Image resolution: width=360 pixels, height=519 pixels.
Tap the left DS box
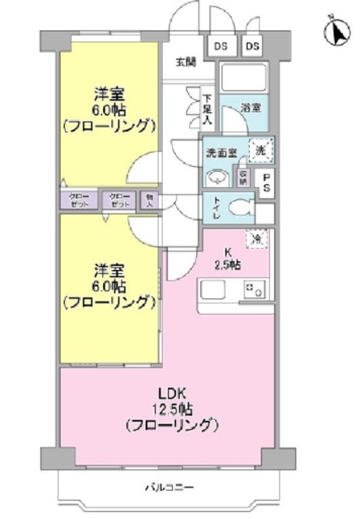[x=221, y=47]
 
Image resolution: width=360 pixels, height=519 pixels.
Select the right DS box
[x=251, y=47]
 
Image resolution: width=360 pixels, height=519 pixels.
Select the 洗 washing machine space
[x=260, y=149]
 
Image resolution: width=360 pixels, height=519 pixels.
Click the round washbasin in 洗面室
[x=216, y=177]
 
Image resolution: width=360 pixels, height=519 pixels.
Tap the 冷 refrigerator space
[x=257, y=239]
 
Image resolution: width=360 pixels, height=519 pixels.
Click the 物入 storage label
[x=148, y=199]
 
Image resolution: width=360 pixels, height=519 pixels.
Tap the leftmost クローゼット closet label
[x=78, y=199]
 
